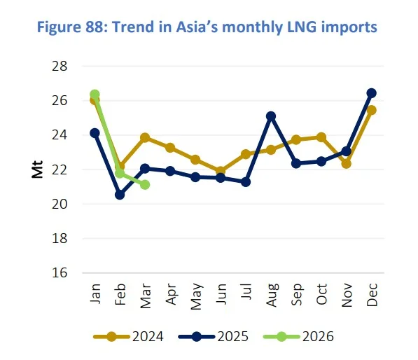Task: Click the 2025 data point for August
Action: point(271,116)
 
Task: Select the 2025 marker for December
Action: point(372,93)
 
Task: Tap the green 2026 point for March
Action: point(145,184)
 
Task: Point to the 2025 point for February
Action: point(120,195)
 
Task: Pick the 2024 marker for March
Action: point(145,138)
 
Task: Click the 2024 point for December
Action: point(372,110)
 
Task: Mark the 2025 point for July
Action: point(246,182)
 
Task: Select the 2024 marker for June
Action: point(221,171)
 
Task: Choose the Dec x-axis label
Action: point(372,291)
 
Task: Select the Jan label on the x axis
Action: point(95,291)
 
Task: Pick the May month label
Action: point(196,291)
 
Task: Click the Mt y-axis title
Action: point(37,169)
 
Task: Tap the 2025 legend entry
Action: point(216,337)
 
